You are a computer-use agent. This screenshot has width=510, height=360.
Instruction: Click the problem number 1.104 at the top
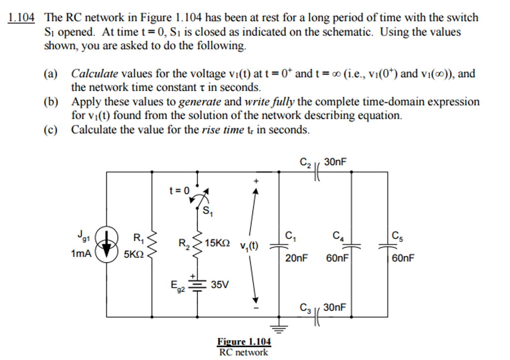point(21,18)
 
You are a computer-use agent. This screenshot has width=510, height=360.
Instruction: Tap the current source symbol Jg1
point(107,244)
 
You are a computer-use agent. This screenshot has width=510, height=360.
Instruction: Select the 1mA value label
point(81,254)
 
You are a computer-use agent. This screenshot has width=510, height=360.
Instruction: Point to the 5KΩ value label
point(133,254)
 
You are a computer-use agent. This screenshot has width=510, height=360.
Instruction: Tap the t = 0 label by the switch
point(179,190)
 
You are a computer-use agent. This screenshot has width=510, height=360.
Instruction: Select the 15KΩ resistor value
point(218,243)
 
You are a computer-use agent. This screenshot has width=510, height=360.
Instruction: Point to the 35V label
point(220,285)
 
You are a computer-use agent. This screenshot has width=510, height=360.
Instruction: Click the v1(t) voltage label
point(249,246)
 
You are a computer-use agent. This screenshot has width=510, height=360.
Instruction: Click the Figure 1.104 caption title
point(244,342)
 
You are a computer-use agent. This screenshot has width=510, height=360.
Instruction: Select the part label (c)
point(51,130)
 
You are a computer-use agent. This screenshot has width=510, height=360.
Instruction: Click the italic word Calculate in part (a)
point(95,74)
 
